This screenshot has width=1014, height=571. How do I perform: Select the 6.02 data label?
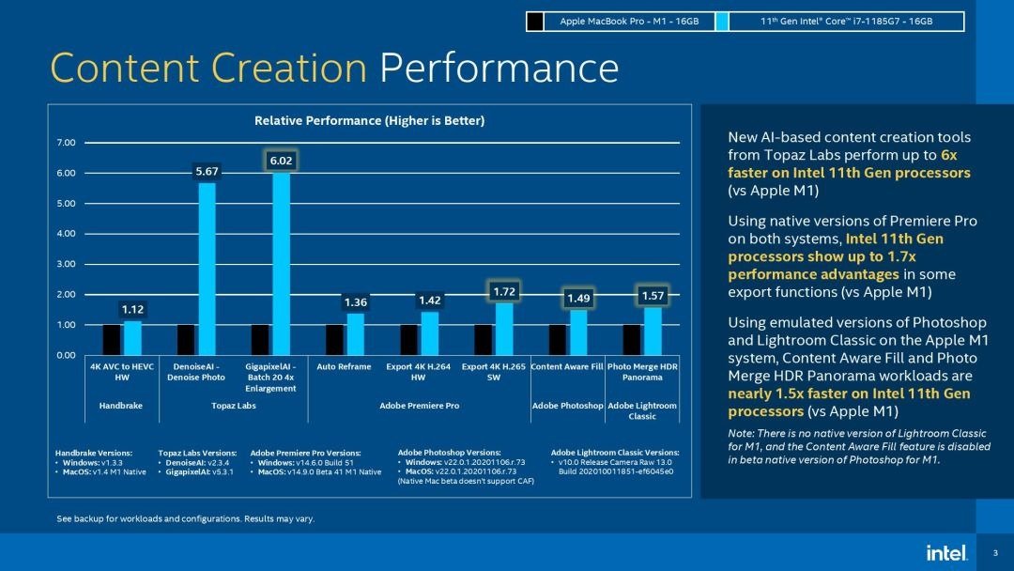coord(281,162)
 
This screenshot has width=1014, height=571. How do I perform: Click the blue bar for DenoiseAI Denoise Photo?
coord(207,269)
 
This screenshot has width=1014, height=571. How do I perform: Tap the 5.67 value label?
coord(207,171)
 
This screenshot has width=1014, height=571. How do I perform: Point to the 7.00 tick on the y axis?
coord(66,143)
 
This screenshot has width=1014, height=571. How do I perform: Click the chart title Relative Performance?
coord(369,120)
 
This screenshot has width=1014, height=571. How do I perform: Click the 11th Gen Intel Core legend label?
coord(845,21)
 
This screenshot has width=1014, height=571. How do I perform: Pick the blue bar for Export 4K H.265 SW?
coord(504,329)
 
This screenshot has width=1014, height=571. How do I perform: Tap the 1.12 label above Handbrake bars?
coord(132,309)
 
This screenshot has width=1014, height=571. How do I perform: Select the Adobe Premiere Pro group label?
coord(419,406)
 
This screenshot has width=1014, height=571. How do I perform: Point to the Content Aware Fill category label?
coord(566,366)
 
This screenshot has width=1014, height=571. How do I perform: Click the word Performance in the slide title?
coord(499,68)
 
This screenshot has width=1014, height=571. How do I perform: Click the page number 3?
coord(994,552)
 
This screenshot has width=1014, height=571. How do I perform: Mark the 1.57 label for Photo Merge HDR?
coord(653,296)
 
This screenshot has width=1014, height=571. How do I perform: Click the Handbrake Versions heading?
coord(94,453)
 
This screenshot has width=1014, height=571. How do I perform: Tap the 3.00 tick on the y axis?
coord(66,264)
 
